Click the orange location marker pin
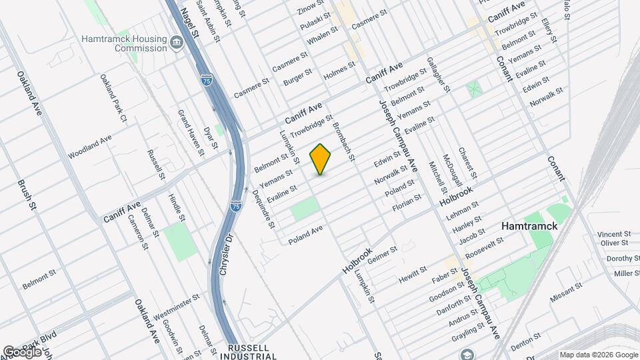click(321, 159)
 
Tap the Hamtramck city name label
click(529, 227)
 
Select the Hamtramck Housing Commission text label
click(123, 43)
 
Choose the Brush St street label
click(27, 195)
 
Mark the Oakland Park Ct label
click(113, 98)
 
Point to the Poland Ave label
click(305, 234)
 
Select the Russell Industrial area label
click(249, 352)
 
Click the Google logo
click(21, 351)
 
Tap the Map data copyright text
click(598, 355)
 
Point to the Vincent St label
click(613, 235)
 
